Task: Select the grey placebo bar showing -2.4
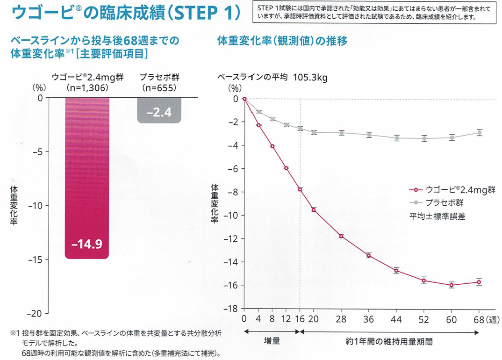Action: (159, 110)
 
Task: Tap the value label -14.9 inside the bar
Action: (87, 245)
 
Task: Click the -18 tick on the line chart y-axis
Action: (232, 309)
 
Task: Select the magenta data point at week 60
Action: (452, 285)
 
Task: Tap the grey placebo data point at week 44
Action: (396, 138)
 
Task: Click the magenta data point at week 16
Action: (300, 189)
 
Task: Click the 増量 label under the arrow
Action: (272, 342)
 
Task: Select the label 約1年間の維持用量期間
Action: (389, 342)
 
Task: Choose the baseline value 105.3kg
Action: (310, 78)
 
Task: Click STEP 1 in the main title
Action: (203, 14)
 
